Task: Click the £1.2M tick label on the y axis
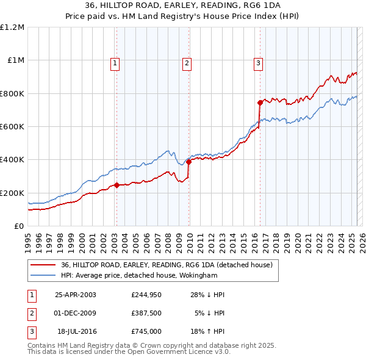[12, 27]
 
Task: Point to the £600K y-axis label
[12, 127]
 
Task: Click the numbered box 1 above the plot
[115, 62]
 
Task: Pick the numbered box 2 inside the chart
[187, 62]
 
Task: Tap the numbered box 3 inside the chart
[258, 62]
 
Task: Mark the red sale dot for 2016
[260, 103]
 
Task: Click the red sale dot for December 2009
[188, 162]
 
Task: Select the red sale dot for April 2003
[117, 185]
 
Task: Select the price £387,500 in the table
[146, 314]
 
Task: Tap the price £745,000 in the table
[146, 333]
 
